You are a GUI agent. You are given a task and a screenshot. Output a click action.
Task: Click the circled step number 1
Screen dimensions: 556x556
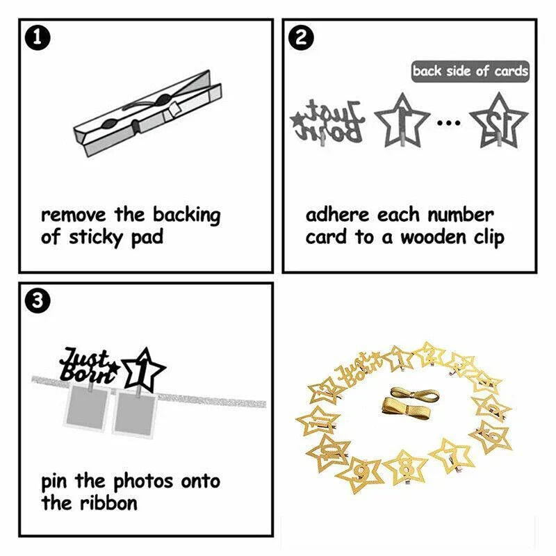tap(38, 38)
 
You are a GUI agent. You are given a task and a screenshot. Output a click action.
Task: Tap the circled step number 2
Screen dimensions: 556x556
tap(302, 38)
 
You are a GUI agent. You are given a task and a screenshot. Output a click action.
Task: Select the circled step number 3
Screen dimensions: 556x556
tap(38, 302)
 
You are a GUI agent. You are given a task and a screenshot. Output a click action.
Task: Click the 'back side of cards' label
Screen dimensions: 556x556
tap(471, 72)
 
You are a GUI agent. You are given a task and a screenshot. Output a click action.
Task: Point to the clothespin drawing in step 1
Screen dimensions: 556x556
tap(147, 113)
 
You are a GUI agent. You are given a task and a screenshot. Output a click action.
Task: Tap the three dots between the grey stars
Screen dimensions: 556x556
tap(449, 123)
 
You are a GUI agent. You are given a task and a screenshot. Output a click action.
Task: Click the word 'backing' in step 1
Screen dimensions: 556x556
tap(187, 215)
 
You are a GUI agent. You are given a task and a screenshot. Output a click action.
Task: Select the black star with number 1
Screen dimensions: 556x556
tap(144, 370)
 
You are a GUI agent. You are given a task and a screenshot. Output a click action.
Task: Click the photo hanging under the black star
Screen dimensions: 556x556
tap(134, 413)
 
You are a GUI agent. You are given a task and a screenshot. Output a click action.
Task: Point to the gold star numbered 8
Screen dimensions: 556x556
tap(405, 468)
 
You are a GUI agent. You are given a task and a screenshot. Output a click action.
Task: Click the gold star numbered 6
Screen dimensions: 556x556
tap(492, 436)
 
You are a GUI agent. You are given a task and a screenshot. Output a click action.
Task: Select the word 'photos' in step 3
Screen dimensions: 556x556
tap(144, 482)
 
